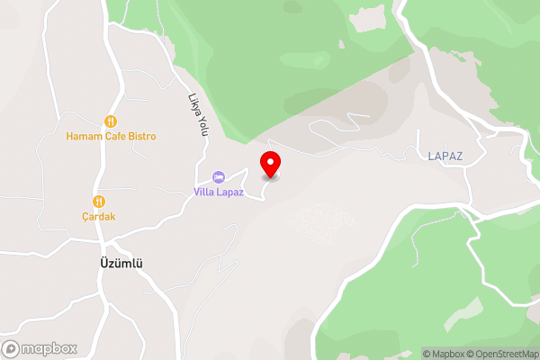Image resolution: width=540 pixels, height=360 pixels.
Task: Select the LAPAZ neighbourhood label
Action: [445, 156]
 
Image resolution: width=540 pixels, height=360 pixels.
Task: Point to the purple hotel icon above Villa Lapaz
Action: [218, 175]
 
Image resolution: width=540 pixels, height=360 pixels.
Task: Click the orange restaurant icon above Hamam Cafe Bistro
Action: [111, 121]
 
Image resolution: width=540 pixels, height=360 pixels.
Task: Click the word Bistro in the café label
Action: [140, 136]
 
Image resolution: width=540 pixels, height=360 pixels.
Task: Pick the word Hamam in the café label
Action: [82, 136]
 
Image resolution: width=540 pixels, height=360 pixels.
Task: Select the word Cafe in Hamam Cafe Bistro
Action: [112, 136]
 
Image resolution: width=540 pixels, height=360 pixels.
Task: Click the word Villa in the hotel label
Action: [205, 191]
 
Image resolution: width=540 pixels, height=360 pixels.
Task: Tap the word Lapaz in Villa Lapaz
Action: [229, 191]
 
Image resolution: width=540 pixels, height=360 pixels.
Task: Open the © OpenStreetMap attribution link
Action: [506, 354]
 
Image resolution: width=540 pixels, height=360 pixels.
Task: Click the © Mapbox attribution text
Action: [448, 354]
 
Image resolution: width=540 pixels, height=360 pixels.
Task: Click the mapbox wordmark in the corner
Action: [49, 348]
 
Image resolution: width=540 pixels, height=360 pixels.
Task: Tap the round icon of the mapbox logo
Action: [12, 348]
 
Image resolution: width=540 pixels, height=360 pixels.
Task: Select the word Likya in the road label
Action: [194, 103]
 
